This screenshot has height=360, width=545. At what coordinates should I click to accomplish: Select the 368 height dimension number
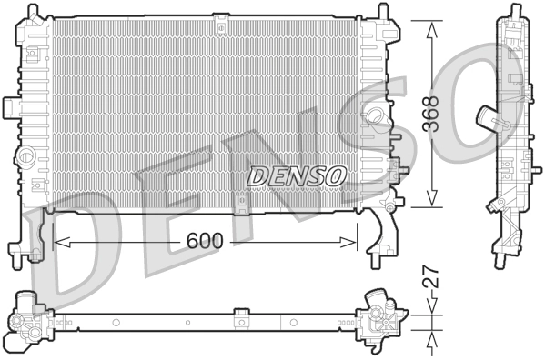click(x=432, y=113)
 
